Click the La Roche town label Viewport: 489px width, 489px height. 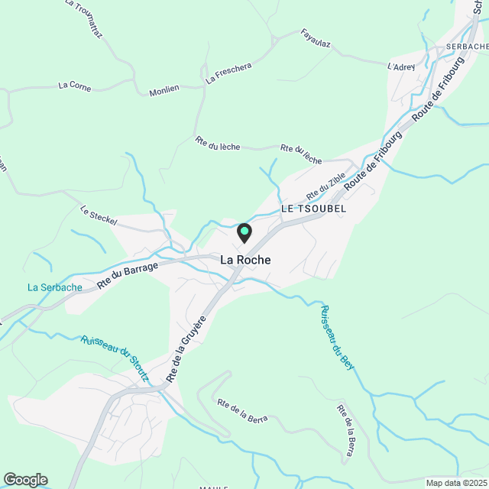[245, 260]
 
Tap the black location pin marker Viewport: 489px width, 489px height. [244, 233]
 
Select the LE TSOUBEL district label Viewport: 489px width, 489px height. [313, 208]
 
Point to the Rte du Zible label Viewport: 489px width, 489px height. [326, 186]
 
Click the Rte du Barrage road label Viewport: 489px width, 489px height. [128, 275]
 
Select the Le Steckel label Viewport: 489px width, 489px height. [99, 216]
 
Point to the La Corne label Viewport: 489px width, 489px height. [74, 86]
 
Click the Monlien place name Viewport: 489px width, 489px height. [164, 89]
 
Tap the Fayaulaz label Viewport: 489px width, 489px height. [316, 38]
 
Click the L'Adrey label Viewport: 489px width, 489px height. [400, 67]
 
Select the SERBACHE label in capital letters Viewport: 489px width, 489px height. [467, 47]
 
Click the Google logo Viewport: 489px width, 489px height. [24, 480]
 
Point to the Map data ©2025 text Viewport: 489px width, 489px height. [455, 483]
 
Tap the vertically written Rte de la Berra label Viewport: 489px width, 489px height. [345, 432]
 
